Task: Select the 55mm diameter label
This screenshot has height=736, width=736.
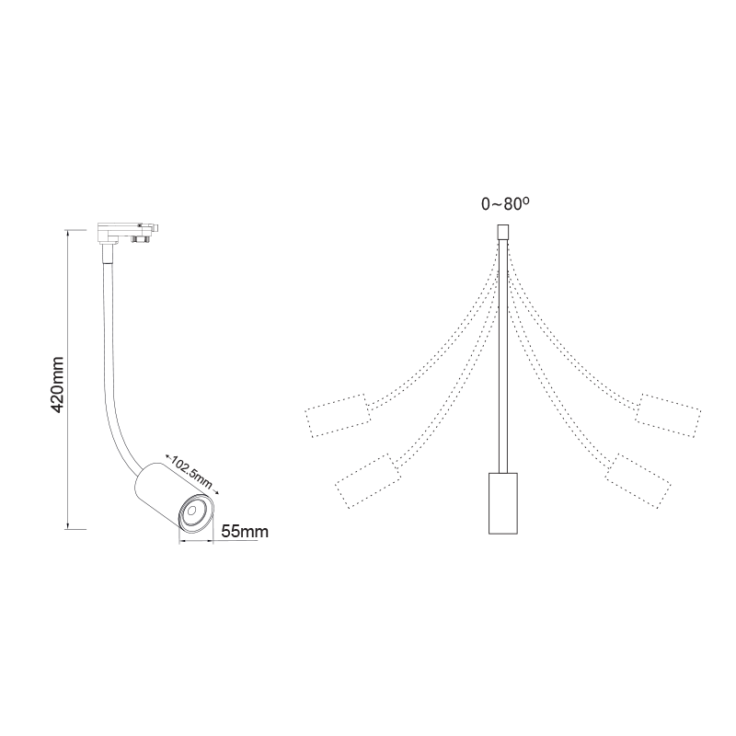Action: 246,531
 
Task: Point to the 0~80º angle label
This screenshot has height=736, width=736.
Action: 505,204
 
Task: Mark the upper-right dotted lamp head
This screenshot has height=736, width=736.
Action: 668,414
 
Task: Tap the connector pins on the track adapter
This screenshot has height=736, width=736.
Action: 144,239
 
